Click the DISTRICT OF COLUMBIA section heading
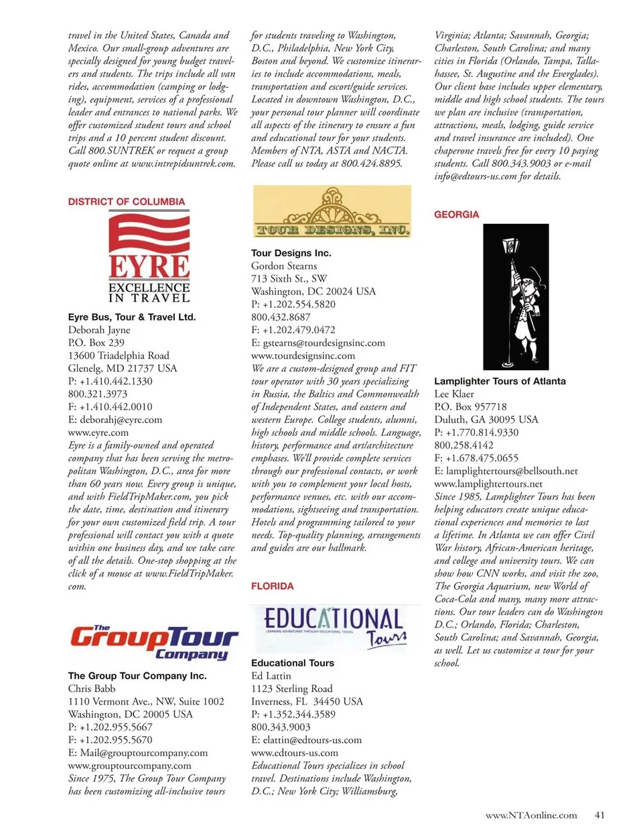point(126,202)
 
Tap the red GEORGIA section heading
point(456,215)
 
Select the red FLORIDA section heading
point(272,586)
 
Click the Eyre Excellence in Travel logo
point(149,258)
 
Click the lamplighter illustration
point(516,298)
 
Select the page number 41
point(599,815)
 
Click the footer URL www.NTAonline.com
point(530,815)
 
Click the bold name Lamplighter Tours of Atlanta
point(500,381)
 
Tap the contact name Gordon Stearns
point(284,266)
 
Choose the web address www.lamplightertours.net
point(488,484)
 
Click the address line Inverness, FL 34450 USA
point(307,701)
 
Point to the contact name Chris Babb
point(92,689)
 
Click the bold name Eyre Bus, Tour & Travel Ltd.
point(132,317)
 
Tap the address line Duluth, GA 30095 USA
point(486,420)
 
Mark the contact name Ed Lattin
point(271,676)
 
